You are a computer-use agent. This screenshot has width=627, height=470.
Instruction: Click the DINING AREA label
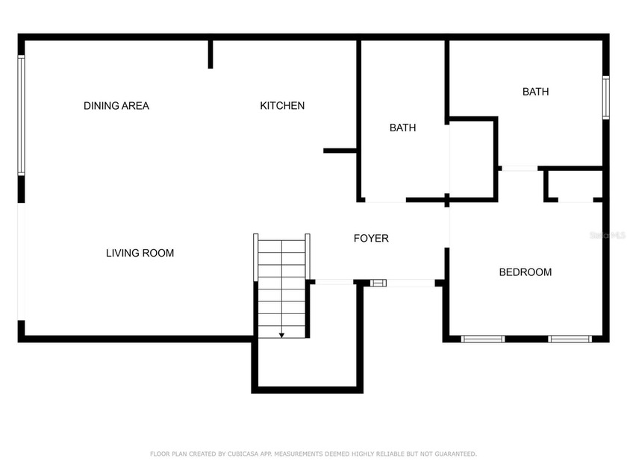(x=116, y=106)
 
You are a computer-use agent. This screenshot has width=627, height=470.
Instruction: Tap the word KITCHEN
(x=282, y=106)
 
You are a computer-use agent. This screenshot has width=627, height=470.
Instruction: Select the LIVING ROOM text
(x=140, y=253)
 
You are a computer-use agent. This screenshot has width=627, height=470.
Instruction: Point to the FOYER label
(x=371, y=239)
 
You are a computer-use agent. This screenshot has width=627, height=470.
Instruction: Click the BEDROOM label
(x=525, y=272)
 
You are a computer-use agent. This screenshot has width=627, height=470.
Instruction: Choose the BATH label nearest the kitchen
(x=402, y=128)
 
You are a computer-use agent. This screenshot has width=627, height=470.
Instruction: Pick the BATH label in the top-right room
(x=535, y=92)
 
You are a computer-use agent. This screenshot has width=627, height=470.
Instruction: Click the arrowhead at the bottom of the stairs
(x=281, y=335)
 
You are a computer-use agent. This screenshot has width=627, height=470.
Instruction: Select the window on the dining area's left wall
(x=22, y=116)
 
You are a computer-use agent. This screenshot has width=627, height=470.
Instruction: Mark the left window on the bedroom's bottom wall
(x=483, y=339)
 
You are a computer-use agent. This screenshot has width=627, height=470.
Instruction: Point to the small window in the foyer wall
(x=379, y=283)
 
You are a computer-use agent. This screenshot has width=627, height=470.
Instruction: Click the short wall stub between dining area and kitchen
(x=210, y=54)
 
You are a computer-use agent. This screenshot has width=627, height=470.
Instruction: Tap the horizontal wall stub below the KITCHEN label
(x=340, y=151)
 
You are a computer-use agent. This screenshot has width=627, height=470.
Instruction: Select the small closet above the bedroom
(x=573, y=186)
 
